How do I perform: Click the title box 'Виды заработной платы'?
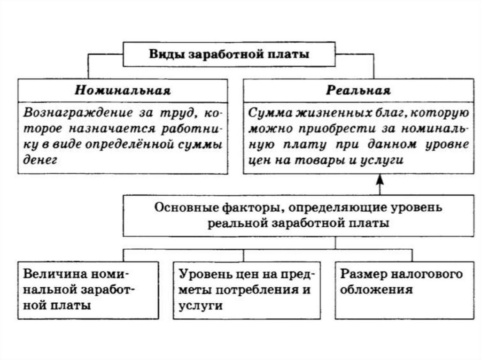[x=229, y=54]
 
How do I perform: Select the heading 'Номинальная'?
[x=122, y=90]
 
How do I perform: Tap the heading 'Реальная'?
[x=358, y=90]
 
